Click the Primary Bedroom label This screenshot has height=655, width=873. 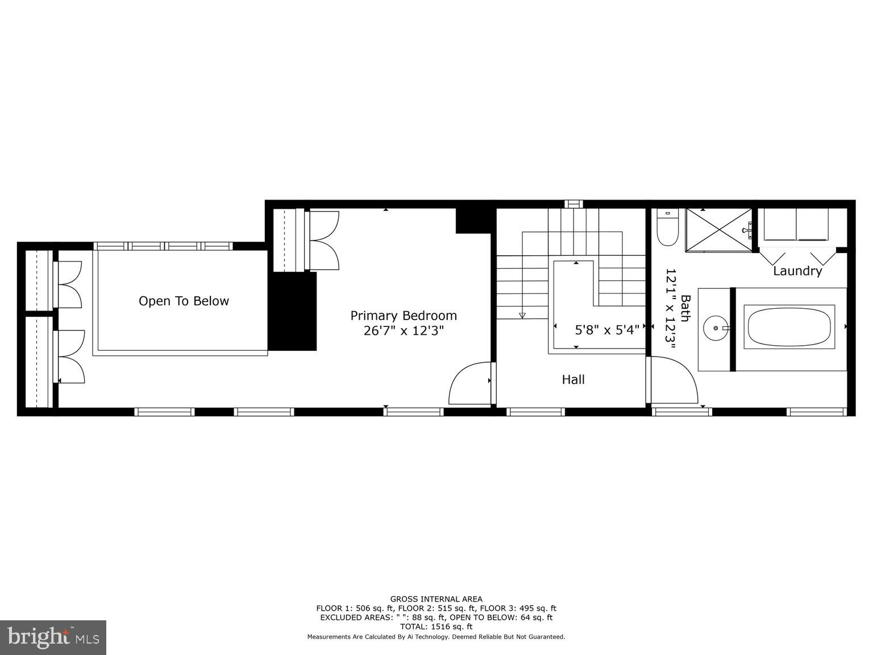tap(404, 316)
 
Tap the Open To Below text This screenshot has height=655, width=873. tap(184, 301)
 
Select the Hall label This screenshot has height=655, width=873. tap(573, 380)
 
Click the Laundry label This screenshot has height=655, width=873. tap(797, 271)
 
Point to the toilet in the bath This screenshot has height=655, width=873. tap(667, 228)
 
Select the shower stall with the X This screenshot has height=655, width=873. tap(719, 230)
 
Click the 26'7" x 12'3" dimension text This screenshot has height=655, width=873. tap(404, 331)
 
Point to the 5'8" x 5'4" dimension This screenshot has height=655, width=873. tap(607, 329)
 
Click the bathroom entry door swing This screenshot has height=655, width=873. tap(674, 380)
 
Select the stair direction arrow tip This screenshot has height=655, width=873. tap(522, 316)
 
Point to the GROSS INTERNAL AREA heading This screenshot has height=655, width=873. tap(436, 599)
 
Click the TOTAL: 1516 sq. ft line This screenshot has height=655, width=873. tap(436, 627)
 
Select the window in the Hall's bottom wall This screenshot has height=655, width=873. tap(535, 412)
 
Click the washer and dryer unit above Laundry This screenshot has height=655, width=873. tap(796, 225)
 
